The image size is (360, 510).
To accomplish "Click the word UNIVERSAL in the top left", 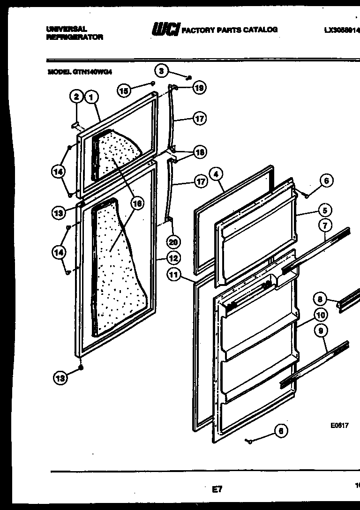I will (67, 29).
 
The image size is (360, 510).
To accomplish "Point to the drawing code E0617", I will (339, 426).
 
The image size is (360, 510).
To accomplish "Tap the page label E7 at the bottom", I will (217, 489).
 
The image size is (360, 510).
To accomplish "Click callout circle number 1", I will (92, 97).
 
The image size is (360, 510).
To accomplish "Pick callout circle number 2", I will (76, 97).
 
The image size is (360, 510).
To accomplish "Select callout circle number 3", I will (162, 71).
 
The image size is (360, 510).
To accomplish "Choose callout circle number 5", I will (324, 210).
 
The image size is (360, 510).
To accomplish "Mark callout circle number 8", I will (320, 299).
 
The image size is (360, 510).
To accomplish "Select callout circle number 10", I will (320, 315).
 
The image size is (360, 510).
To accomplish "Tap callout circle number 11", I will (174, 275).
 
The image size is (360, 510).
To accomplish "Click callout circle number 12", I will (173, 257).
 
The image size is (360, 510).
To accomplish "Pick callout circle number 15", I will (124, 90).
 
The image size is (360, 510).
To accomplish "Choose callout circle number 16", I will (137, 203).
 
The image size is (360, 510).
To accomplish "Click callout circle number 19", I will (199, 88).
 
